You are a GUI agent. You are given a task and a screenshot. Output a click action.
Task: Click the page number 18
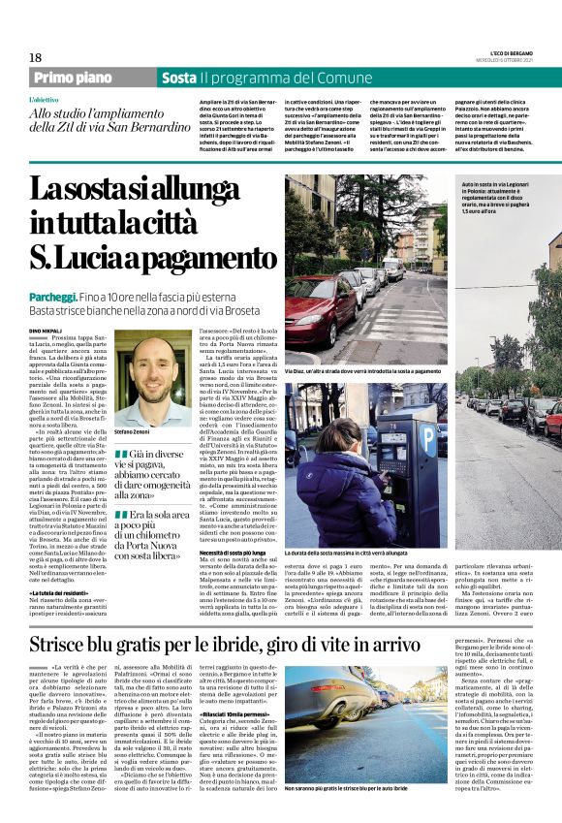point(35,58)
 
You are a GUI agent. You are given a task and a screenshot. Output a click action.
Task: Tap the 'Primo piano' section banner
point(75,78)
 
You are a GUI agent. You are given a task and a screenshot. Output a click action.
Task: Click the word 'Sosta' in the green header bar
point(178,78)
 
